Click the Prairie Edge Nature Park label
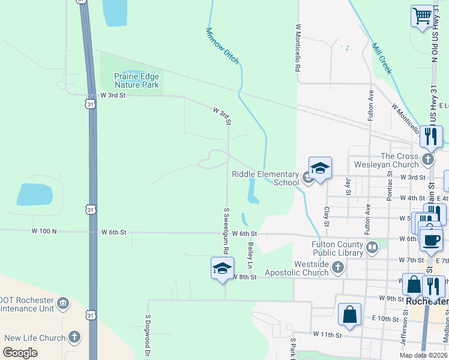coord(137,80)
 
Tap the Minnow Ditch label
coord(222,46)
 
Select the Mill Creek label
coord(382,58)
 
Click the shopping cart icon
coord(423,16)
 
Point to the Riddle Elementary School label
coord(265,178)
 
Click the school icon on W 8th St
coord(222,268)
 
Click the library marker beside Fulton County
coord(373,247)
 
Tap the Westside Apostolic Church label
coord(312,268)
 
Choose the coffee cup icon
coord(430,239)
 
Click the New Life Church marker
coord(75,337)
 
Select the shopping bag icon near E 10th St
coord(349,314)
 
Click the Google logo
coord(20,353)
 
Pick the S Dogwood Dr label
coord(147,337)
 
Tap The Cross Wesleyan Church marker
coord(427,160)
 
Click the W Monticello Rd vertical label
coord(297,47)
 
